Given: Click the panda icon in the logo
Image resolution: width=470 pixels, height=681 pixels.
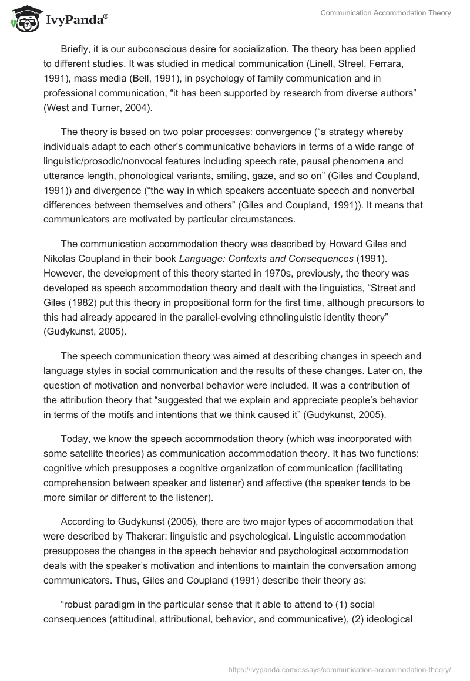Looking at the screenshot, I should (23, 19).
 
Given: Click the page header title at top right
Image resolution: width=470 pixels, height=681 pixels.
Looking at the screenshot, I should (385, 14).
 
